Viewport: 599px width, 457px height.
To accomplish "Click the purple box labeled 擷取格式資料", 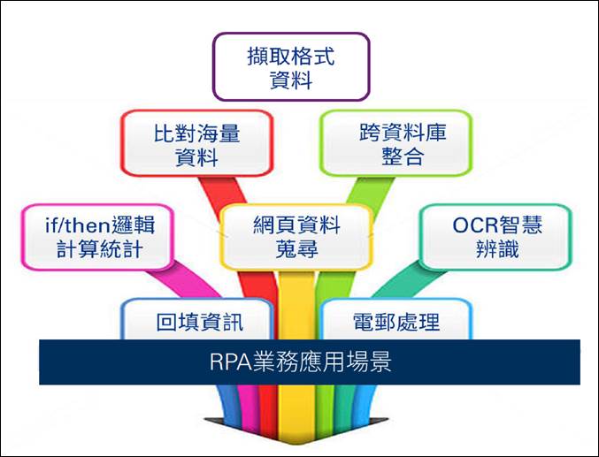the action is (291, 67).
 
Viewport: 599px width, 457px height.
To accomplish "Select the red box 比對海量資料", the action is (196, 143).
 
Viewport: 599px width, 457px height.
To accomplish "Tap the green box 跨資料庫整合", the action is (396, 143).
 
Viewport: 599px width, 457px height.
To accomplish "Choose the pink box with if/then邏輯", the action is (98, 237).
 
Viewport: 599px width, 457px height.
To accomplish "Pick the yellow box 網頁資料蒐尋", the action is (296, 237).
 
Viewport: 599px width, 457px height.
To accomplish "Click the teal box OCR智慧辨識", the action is (495, 237).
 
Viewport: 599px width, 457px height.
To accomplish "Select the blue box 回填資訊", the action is (197, 319).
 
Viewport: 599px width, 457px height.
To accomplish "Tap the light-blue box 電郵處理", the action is (396, 319).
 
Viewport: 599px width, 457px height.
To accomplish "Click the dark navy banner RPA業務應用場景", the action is (310, 362).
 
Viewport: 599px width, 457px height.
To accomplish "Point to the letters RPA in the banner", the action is (230, 362).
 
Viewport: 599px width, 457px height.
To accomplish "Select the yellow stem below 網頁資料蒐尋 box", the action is (296, 306).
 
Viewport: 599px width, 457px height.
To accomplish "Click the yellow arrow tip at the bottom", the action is (296, 445).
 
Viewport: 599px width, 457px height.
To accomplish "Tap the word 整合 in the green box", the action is (403, 156).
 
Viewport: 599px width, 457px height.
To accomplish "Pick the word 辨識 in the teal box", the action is (497, 249).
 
